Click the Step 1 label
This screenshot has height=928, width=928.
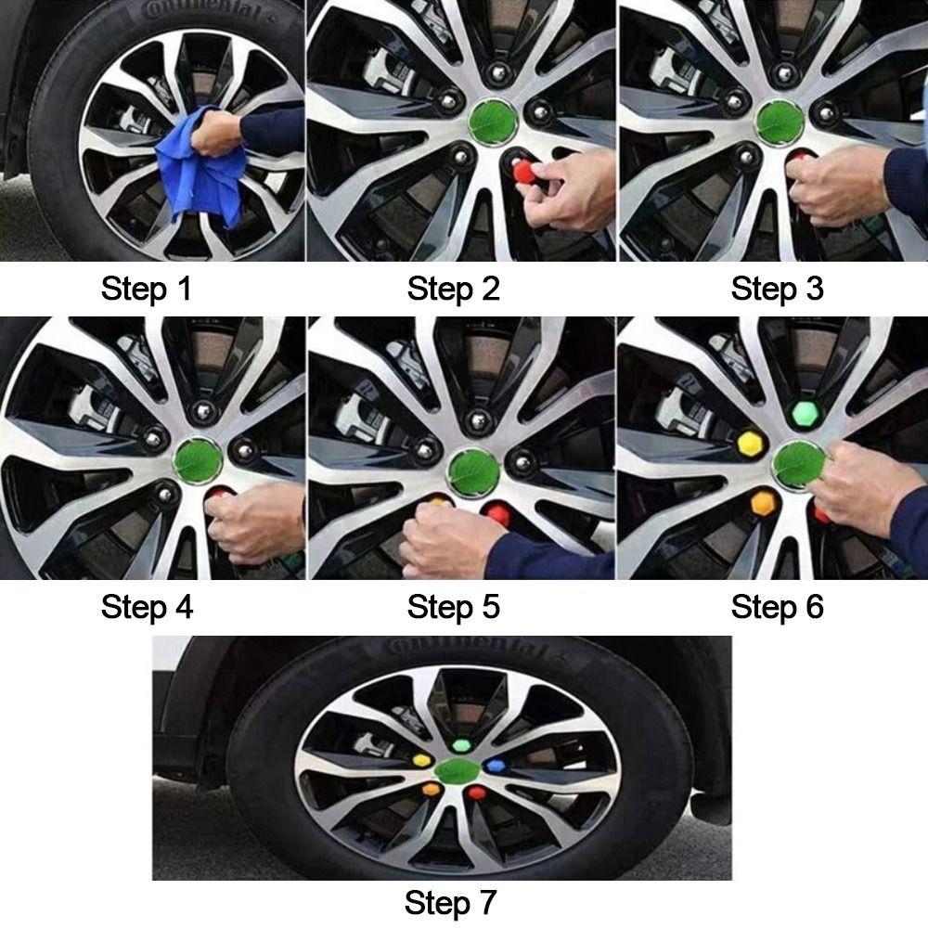(x=147, y=289)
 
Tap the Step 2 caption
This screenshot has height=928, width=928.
(x=454, y=289)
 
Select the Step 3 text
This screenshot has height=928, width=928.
(x=777, y=289)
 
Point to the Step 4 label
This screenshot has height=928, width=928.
(x=147, y=607)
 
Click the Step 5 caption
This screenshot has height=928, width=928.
(x=454, y=607)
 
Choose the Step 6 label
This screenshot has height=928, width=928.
(x=777, y=607)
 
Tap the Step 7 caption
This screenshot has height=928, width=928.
(x=450, y=903)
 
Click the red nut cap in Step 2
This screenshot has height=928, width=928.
(x=523, y=172)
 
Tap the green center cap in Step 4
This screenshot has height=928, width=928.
(x=198, y=460)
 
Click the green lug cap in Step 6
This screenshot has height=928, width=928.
(x=805, y=413)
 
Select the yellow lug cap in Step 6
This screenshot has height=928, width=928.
(x=750, y=444)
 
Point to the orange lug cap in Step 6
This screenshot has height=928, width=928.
(x=764, y=503)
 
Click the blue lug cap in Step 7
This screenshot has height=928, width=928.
(x=495, y=767)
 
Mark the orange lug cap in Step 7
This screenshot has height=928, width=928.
(x=432, y=789)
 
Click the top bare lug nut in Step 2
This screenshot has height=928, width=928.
(x=498, y=73)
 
